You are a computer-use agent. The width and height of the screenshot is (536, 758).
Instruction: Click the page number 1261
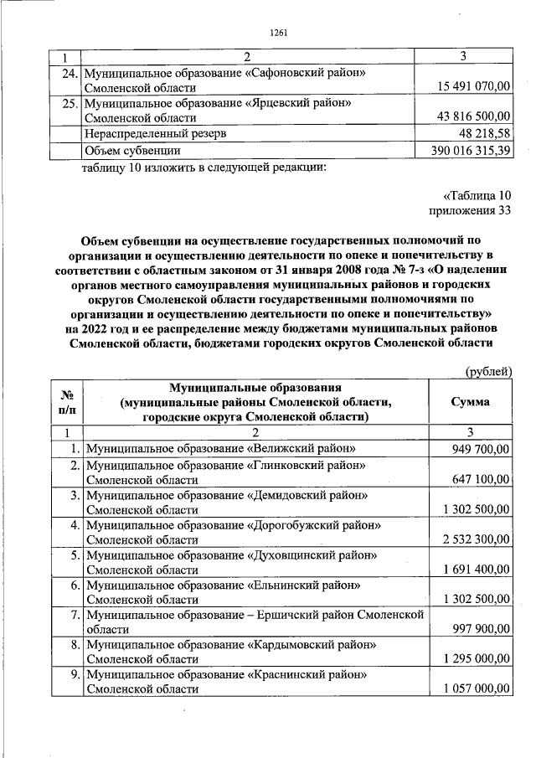point(280,33)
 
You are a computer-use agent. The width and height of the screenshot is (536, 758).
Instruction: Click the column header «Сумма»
point(470,402)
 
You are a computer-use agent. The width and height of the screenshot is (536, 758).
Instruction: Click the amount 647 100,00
point(481,479)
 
